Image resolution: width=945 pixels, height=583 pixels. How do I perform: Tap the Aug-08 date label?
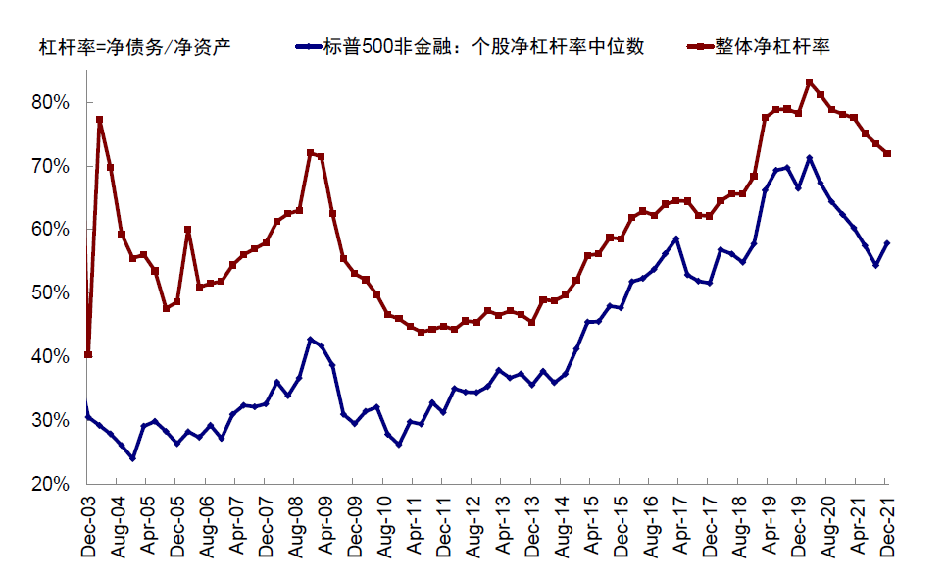click(x=297, y=526)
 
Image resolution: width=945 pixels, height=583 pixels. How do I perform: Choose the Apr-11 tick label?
click(x=415, y=526)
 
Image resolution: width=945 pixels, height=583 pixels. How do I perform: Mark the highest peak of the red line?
click(x=809, y=82)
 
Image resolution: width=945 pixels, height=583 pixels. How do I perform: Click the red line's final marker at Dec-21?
click(x=887, y=153)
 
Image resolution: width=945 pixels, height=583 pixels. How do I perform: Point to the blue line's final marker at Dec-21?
click(x=887, y=242)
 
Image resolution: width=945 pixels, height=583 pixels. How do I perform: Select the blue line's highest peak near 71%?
click(x=809, y=158)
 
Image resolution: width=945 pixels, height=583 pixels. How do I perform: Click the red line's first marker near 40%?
click(x=88, y=354)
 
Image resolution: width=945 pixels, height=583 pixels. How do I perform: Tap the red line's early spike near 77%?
click(x=100, y=120)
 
